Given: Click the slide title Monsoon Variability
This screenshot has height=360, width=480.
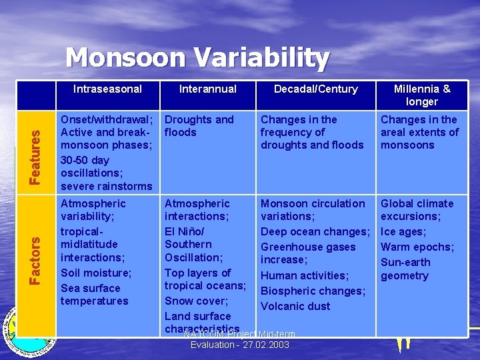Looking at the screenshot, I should click(x=197, y=58).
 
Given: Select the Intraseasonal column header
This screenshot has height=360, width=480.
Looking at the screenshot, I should click(x=107, y=89).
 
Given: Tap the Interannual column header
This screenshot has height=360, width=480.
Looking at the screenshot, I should click(x=207, y=89).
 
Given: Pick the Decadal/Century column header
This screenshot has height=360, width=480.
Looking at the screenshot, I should click(x=316, y=89).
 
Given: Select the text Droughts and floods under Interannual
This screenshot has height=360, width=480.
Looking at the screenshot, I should click(x=199, y=126).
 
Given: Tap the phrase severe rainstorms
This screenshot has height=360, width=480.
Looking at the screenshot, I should click(x=106, y=186).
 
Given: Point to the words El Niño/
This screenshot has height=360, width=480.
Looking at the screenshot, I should click(x=184, y=231).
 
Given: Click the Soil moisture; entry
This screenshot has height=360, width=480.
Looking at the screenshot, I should click(x=96, y=273).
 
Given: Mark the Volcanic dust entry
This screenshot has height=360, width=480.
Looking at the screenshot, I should click(x=295, y=306).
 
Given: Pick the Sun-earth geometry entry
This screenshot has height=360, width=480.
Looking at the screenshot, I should click(x=405, y=269).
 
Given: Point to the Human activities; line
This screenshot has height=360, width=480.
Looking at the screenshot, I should click(x=304, y=275).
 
